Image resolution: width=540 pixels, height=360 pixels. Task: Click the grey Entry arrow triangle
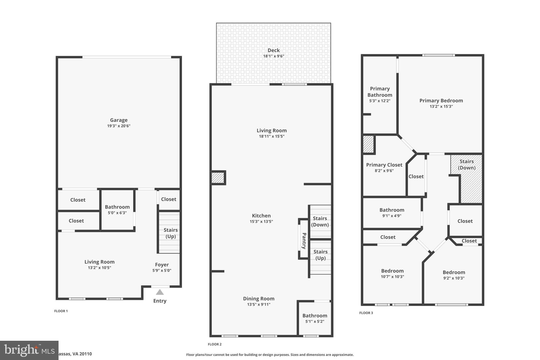(x=160, y=292)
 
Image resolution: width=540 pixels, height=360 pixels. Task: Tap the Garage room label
(x=119, y=120)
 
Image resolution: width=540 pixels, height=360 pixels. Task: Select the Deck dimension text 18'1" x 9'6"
(x=273, y=56)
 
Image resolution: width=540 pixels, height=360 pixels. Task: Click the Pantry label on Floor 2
(x=304, y=241)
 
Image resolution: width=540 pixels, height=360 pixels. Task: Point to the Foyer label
(x=162, y=265)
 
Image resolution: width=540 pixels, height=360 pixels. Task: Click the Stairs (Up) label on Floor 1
(x=170, y=233)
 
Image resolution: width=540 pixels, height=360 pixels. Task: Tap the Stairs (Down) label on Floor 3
(x=466, y=164)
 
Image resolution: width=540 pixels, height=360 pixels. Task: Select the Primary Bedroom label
(x=441, y=100)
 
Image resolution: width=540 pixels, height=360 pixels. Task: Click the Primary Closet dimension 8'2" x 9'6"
(x=384, y=171)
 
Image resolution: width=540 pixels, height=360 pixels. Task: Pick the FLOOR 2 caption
(x=215, y=344)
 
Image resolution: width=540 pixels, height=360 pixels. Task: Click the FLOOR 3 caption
(x=366, y=313)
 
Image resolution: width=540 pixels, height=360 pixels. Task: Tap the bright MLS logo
(x=29, y=350)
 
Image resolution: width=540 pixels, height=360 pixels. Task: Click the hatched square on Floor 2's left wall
(x=218, y=178)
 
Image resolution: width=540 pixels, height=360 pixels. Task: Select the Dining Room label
(x=258, y=299)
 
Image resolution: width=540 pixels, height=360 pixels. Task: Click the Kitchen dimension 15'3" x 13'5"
(x=261, y=222)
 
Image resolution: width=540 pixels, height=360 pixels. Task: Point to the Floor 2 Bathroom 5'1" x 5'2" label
(x=315, y=316)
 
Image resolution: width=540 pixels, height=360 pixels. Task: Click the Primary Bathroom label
(x=380, y=92)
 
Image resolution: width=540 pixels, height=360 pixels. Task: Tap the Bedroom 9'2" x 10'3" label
(x=454, y=272)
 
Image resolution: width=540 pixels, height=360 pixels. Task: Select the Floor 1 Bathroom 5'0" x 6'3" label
(x=117, y=207)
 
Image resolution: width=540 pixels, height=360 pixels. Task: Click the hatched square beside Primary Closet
(x=368, y=144)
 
